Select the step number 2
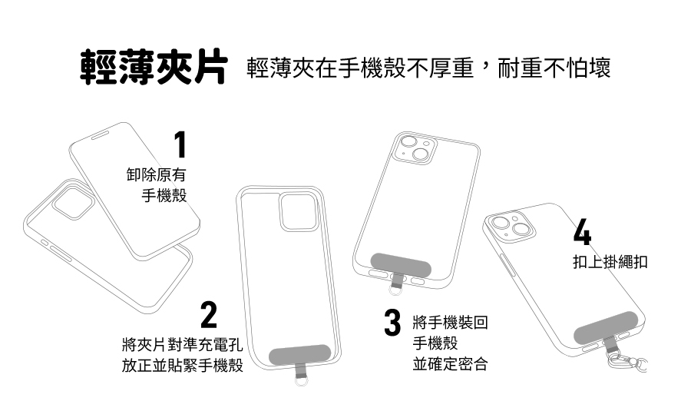208,316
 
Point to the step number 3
392,322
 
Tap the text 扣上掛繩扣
610,263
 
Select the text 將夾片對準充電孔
182,343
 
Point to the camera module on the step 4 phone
511,230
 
